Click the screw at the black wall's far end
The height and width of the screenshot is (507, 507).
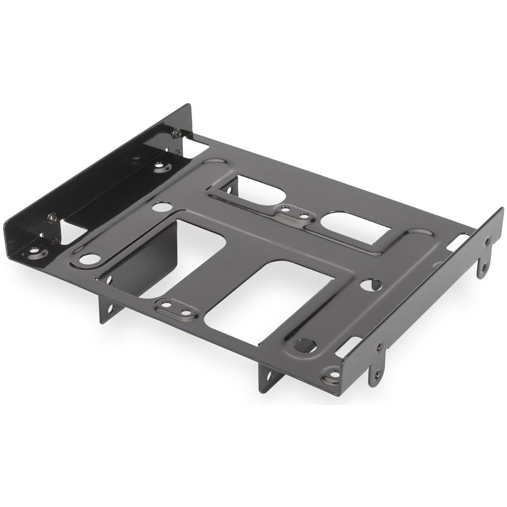[x=176, y=133]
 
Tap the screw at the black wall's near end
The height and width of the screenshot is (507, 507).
[x=52, y=217]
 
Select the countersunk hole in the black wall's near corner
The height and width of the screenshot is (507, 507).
[x=34, y=250]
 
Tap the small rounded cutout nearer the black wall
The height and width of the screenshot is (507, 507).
[x=258, y=190]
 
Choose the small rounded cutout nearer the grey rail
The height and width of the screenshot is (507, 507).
[x=355, y=227]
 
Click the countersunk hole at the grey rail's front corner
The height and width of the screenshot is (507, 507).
[x=333, y=375]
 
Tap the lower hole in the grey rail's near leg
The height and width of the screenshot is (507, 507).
[x=376, y=376]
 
